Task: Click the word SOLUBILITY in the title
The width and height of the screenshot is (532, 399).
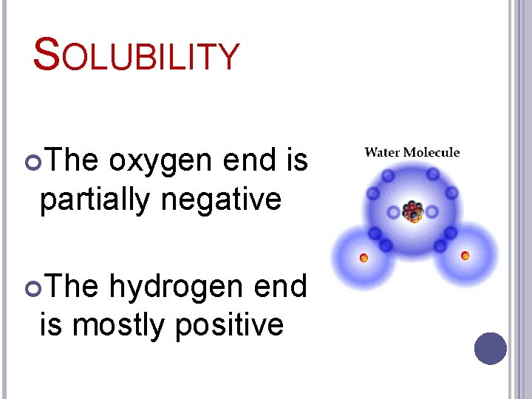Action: (x=137, y=56)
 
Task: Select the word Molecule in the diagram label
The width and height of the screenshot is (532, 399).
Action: (x=431, y=153)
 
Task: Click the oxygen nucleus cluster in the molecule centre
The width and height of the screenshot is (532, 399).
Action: (x=412, y=211)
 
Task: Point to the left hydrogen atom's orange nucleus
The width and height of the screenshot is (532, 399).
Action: (x=364, y=258)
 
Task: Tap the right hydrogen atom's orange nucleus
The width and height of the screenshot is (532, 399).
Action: (x=465, y=256)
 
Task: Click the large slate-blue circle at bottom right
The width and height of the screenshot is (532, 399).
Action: (x=491, y=349)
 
